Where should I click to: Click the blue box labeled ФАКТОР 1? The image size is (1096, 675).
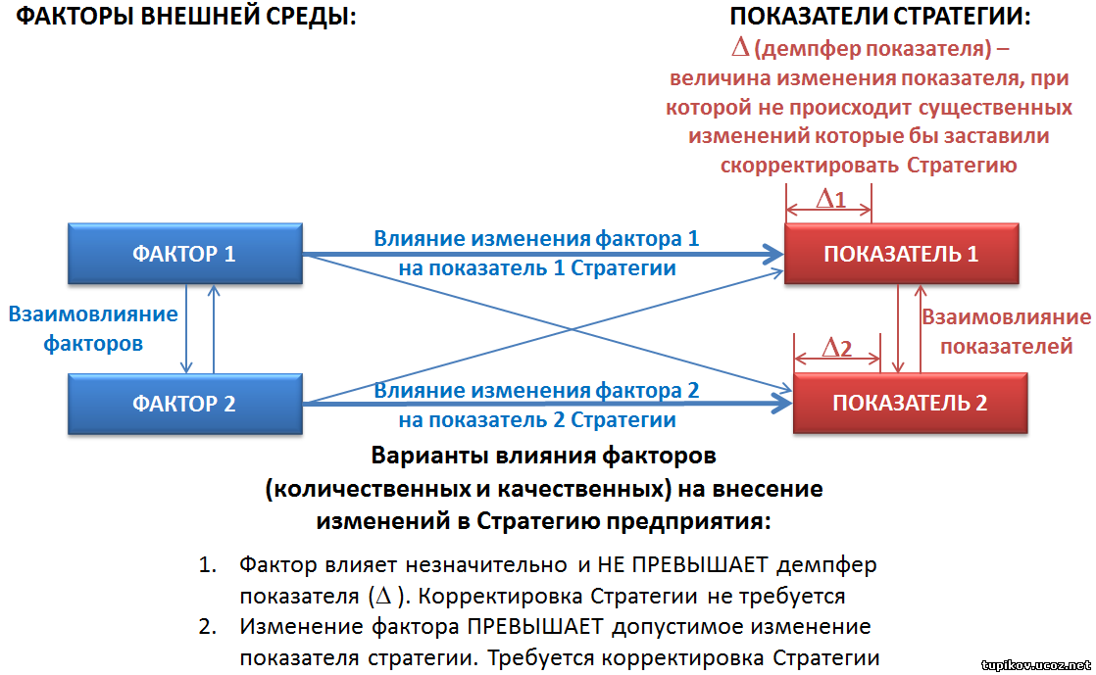185,254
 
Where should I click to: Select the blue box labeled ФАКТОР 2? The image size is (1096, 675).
185,404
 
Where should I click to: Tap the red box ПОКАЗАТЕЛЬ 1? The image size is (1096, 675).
902,254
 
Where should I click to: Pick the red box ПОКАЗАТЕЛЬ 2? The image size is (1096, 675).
910,404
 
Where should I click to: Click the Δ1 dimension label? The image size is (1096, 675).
831,199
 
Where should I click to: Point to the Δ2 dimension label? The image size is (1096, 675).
837,347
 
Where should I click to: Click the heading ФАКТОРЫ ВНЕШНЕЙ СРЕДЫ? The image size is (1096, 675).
186,16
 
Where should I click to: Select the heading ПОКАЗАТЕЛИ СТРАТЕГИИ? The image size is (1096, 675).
880,16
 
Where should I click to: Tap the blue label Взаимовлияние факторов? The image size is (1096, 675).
93,328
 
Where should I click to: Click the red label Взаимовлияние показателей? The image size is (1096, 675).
1006,331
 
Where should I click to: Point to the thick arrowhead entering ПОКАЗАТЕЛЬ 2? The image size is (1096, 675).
781,404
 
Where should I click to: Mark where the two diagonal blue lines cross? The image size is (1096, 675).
572,328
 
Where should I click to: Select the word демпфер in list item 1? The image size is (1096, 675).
826,564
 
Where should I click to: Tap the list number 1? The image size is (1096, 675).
207,564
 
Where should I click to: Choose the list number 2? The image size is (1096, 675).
207,626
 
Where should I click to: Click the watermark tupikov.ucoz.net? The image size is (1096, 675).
1036,665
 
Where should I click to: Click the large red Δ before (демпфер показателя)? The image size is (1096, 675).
740,48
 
